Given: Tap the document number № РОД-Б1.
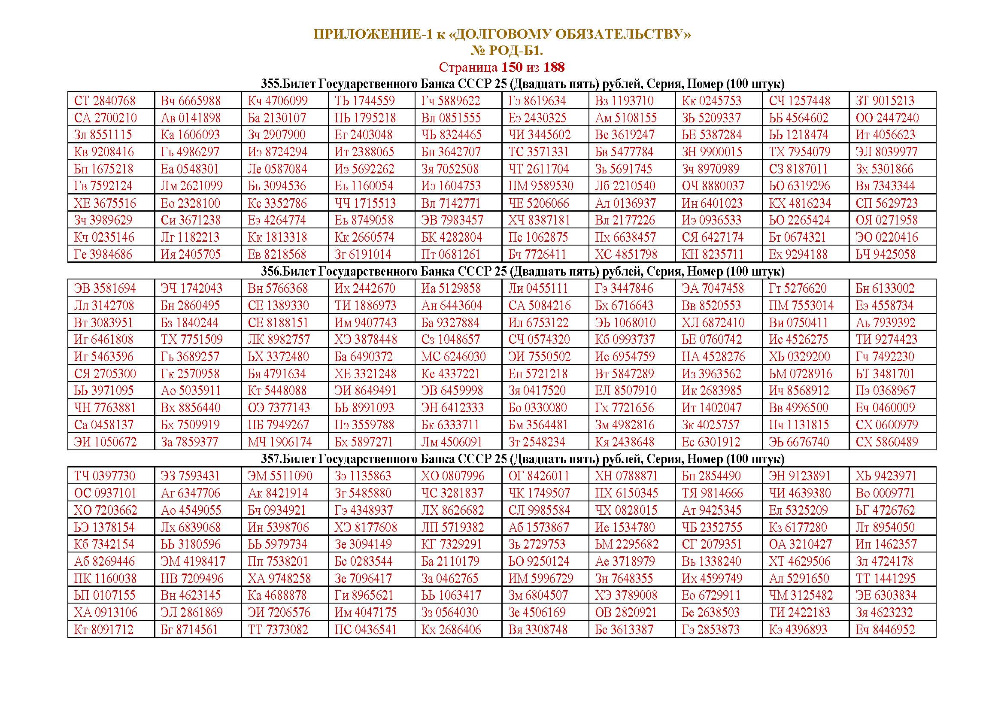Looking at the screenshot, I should pyautogui.click(x=507, y=51).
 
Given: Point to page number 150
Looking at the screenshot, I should pyautogui.click(x=512, y=67).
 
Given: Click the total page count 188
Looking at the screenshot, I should pyautogui.click(x=554, y=67).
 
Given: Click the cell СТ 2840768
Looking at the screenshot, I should pyautogui.click(x=104, y=101).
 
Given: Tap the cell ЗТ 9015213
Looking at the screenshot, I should pyautogui.click(x=885, y=101).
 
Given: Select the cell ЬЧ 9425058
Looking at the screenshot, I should pyautogui.click(x=886, y=255).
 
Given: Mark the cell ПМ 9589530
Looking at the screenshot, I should pyautogui.click(x=540, y=186).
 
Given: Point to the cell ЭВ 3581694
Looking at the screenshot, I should pyautogui.click(x=104, y=288).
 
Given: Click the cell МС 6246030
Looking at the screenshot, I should pyautogui.click(x=453, y=357).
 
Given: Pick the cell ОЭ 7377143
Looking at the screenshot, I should pyautogui.click(x=279, y=408).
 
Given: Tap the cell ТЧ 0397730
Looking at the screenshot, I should pyautogui.click(x=104, y=476).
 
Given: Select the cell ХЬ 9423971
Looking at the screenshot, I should pyautogui.click(x=886, y=476).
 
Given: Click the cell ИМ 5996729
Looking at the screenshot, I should pyautogui.click(x=540, y=578).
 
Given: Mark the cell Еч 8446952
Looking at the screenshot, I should pyautogui.click(x=885, y=630).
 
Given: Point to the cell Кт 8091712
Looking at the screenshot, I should pyautogui.click(x=103, y=630).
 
